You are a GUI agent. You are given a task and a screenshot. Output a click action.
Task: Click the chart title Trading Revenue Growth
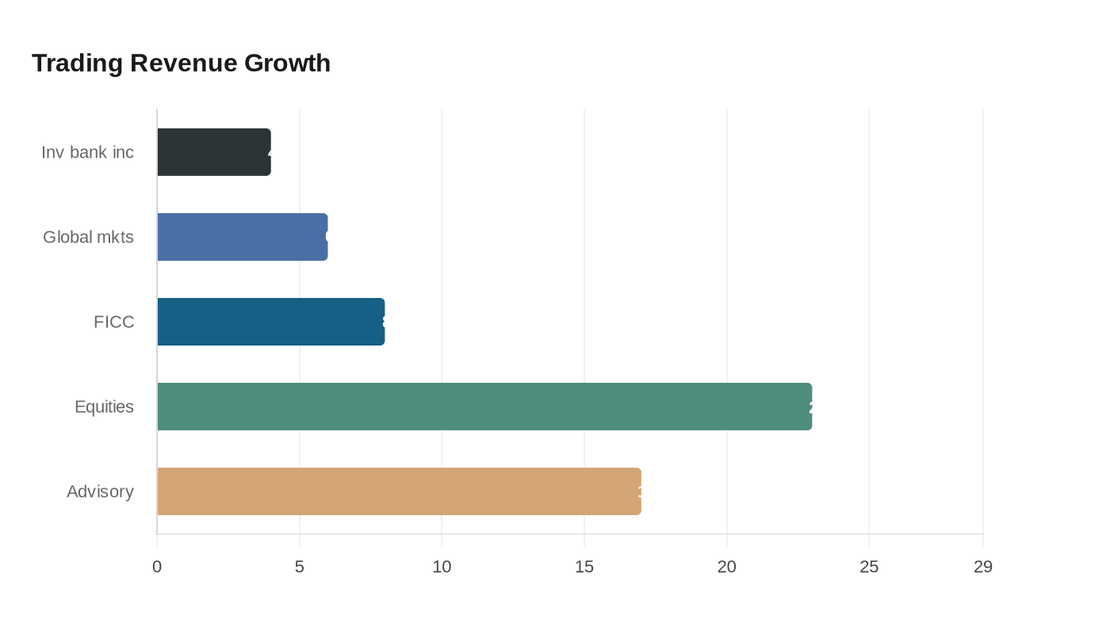click(181, 63)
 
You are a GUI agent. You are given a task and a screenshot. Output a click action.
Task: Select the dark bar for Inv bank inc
click(214, 152)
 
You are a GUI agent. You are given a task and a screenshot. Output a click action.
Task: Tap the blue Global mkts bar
click(243, 237)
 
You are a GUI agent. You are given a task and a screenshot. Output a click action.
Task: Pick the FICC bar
click(271, 322)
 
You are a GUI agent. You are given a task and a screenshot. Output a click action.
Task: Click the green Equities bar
click(484, 407)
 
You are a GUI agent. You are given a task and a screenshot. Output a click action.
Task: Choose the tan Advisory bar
click(399, 491)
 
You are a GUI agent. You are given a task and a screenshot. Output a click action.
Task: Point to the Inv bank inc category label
click(87, 152)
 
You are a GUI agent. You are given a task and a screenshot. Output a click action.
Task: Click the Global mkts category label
click(88, 237)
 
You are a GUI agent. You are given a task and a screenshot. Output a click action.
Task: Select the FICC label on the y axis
click(113, 322)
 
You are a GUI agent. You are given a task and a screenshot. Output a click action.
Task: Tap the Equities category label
click(104, 407)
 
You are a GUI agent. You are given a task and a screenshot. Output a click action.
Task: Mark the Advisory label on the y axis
click(100, 491)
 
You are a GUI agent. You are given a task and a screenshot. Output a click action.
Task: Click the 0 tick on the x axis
click(157, 567)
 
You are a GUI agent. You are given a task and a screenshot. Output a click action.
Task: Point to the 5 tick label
click(300, 567)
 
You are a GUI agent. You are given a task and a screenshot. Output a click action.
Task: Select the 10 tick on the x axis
click(442, 567)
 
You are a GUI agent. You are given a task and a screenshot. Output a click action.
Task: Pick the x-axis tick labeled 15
click(584, 567)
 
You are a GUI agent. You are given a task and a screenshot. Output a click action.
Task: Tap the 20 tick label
click(727, 567)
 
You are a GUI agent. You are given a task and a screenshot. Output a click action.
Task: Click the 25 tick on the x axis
click(869, 567)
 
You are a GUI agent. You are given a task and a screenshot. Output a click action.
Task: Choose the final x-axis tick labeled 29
click(983, 567)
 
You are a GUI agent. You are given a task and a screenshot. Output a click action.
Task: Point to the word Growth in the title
click(287, 63)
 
